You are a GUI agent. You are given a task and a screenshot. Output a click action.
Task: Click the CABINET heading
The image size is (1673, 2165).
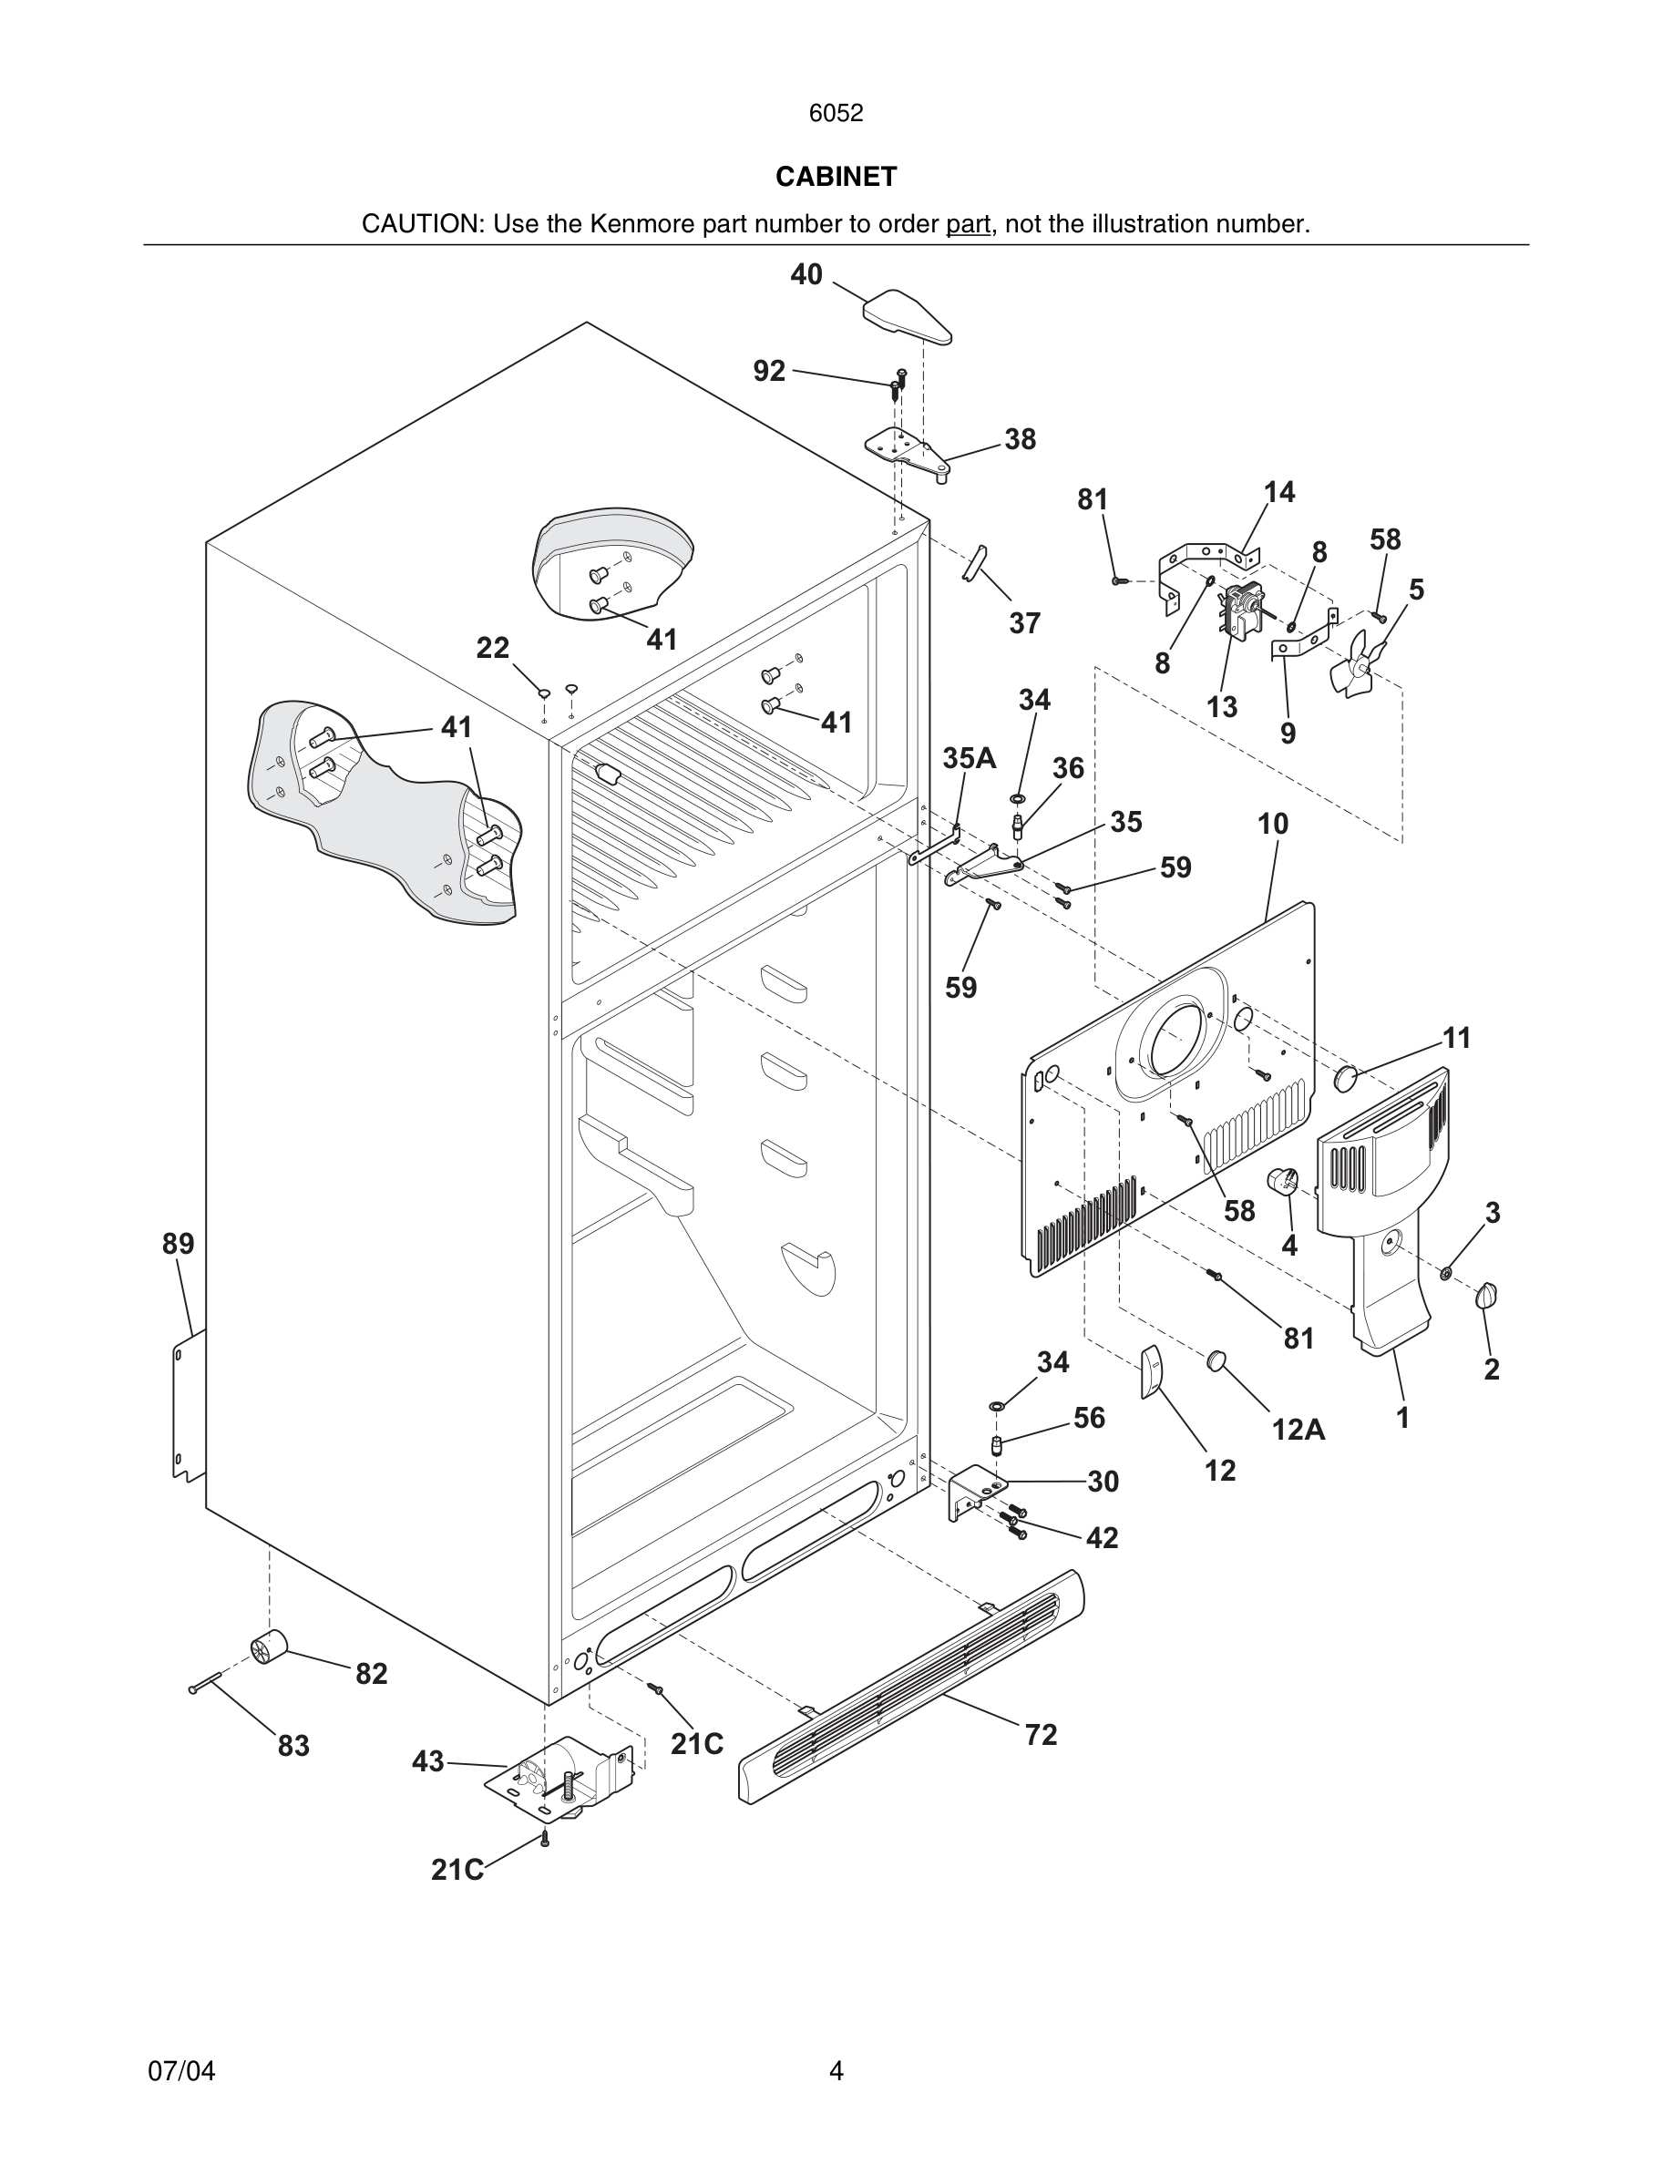pos(836,177)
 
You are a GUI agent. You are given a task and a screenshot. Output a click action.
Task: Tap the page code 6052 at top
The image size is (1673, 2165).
pos(836,113)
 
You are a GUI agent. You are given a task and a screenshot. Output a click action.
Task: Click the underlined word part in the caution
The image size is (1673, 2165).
pos(968,224)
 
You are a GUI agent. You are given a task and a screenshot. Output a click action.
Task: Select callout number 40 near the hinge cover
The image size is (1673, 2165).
pos(806,274)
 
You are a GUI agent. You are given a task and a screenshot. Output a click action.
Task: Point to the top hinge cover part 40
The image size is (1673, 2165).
pos(907,316)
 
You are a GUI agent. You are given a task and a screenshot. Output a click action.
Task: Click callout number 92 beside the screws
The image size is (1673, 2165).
pos(769,371)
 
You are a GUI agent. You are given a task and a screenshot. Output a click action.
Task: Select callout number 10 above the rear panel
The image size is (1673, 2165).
pos(1273,824)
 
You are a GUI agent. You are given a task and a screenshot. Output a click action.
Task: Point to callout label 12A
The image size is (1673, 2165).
pos(1298,1429)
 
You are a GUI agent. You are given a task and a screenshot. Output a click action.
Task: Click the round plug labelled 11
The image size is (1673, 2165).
pos(1345,1079)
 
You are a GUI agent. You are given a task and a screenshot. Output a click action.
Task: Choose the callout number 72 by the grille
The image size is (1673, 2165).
pos(1041,1735)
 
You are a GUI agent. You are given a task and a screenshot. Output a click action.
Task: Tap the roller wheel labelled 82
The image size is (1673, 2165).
pos(268,1647)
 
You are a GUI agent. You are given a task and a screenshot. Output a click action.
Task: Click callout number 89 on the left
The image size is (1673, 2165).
pos(179,1243)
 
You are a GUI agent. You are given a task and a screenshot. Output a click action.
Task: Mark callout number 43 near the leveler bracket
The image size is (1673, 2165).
pos(428,1761)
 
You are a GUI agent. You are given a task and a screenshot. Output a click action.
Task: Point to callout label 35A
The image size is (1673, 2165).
pos(969,758)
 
